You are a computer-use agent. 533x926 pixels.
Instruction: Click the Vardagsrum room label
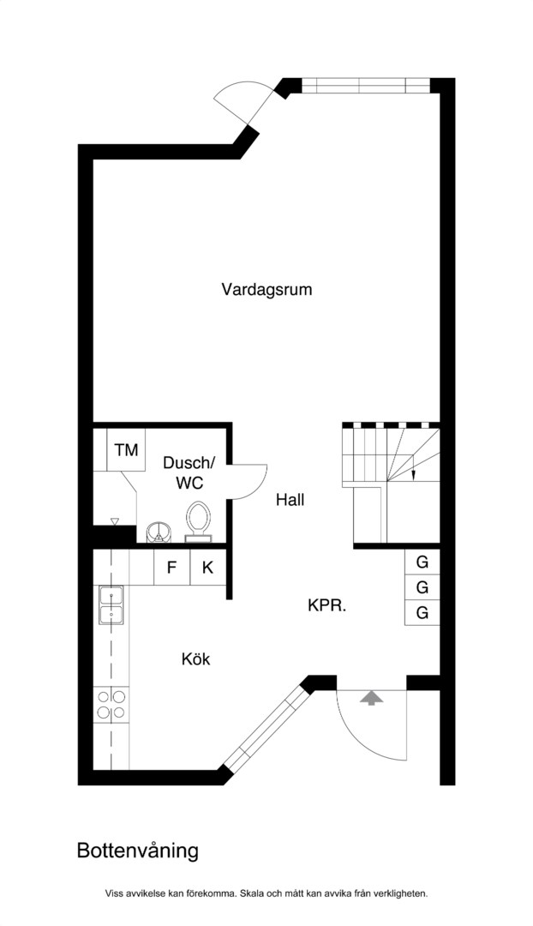point(266,290)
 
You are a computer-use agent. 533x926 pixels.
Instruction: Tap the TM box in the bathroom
point(126,450)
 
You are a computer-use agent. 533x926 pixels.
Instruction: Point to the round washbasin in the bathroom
point(159,532)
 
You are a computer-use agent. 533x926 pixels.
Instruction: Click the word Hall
point(290,500)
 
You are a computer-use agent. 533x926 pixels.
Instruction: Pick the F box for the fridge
point(171,568)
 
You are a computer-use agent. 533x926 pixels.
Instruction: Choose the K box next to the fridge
point(207,568)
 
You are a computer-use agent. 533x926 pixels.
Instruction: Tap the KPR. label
point(326,605)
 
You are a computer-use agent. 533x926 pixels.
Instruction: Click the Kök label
point(196,658)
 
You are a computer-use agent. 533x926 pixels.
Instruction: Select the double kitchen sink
point(111,605)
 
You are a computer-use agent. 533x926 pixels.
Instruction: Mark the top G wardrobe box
point(422,562)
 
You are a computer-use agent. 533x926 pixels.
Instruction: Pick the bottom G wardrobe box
point(422,613)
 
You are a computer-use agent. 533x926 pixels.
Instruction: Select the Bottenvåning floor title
point(137,851)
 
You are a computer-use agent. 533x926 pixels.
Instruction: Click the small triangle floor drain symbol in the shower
point(115,521)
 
